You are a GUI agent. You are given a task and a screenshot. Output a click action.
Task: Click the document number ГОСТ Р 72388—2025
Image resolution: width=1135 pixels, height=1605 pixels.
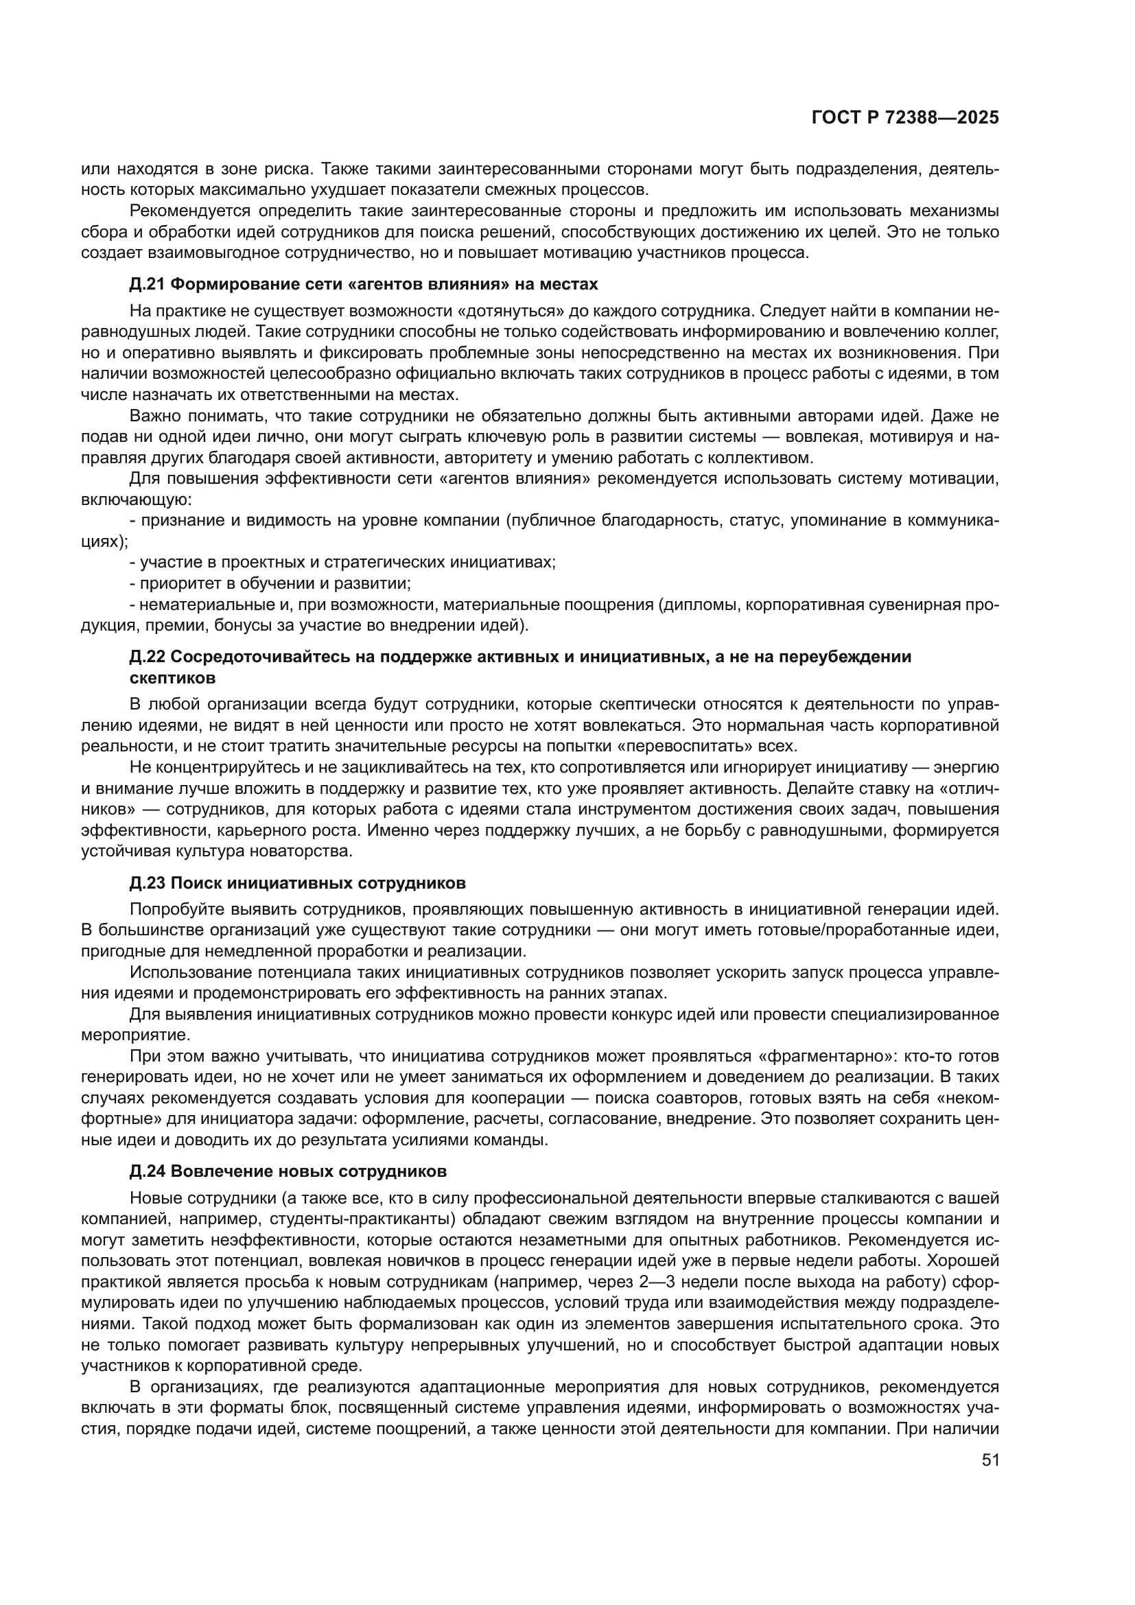(905, 117)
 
